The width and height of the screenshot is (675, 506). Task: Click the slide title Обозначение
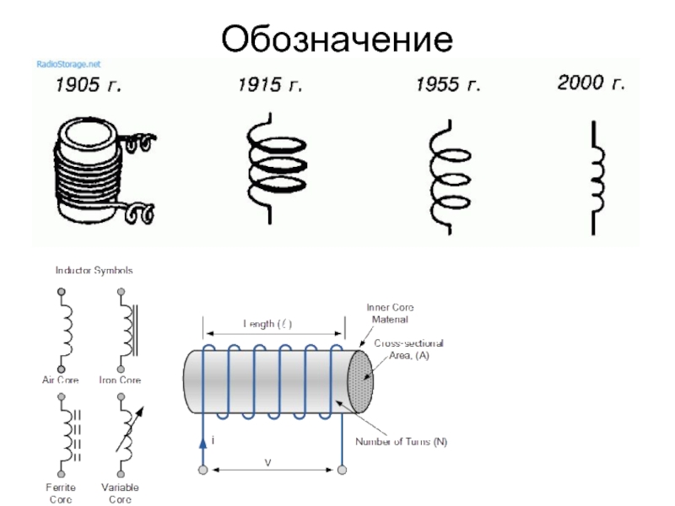337,37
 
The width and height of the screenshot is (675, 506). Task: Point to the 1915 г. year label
270,85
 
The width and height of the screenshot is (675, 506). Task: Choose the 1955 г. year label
448,85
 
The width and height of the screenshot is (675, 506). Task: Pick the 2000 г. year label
591,83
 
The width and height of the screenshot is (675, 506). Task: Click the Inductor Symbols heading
94,271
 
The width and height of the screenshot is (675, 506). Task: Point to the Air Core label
61,380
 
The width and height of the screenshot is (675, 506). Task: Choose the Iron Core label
120,380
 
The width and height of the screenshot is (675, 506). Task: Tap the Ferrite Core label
61,493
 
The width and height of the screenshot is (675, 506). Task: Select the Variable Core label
120,493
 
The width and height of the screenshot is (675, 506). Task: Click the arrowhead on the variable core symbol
139,411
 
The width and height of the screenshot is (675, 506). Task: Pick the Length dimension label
267,324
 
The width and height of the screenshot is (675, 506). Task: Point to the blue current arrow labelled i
202,441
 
